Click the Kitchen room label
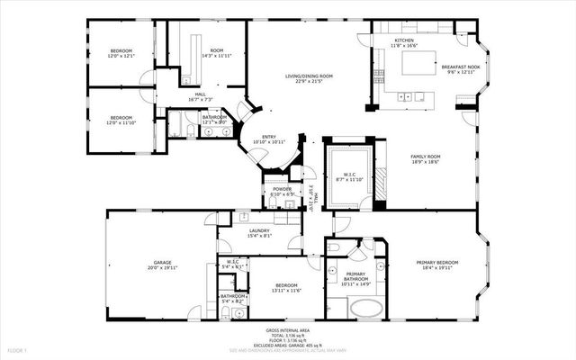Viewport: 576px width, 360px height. click(404, 40)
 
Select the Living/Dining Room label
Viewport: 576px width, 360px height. click(310, 76)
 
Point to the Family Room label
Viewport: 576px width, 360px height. click(424, 157)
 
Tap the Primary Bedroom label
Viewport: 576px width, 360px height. click(437, 262)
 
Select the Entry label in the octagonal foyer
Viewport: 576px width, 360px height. click(269, 137)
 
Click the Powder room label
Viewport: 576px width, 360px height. click(283, 188)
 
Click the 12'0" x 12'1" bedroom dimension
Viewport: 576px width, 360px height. click(121, 56)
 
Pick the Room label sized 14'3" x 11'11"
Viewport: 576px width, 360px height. click(217, 50)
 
